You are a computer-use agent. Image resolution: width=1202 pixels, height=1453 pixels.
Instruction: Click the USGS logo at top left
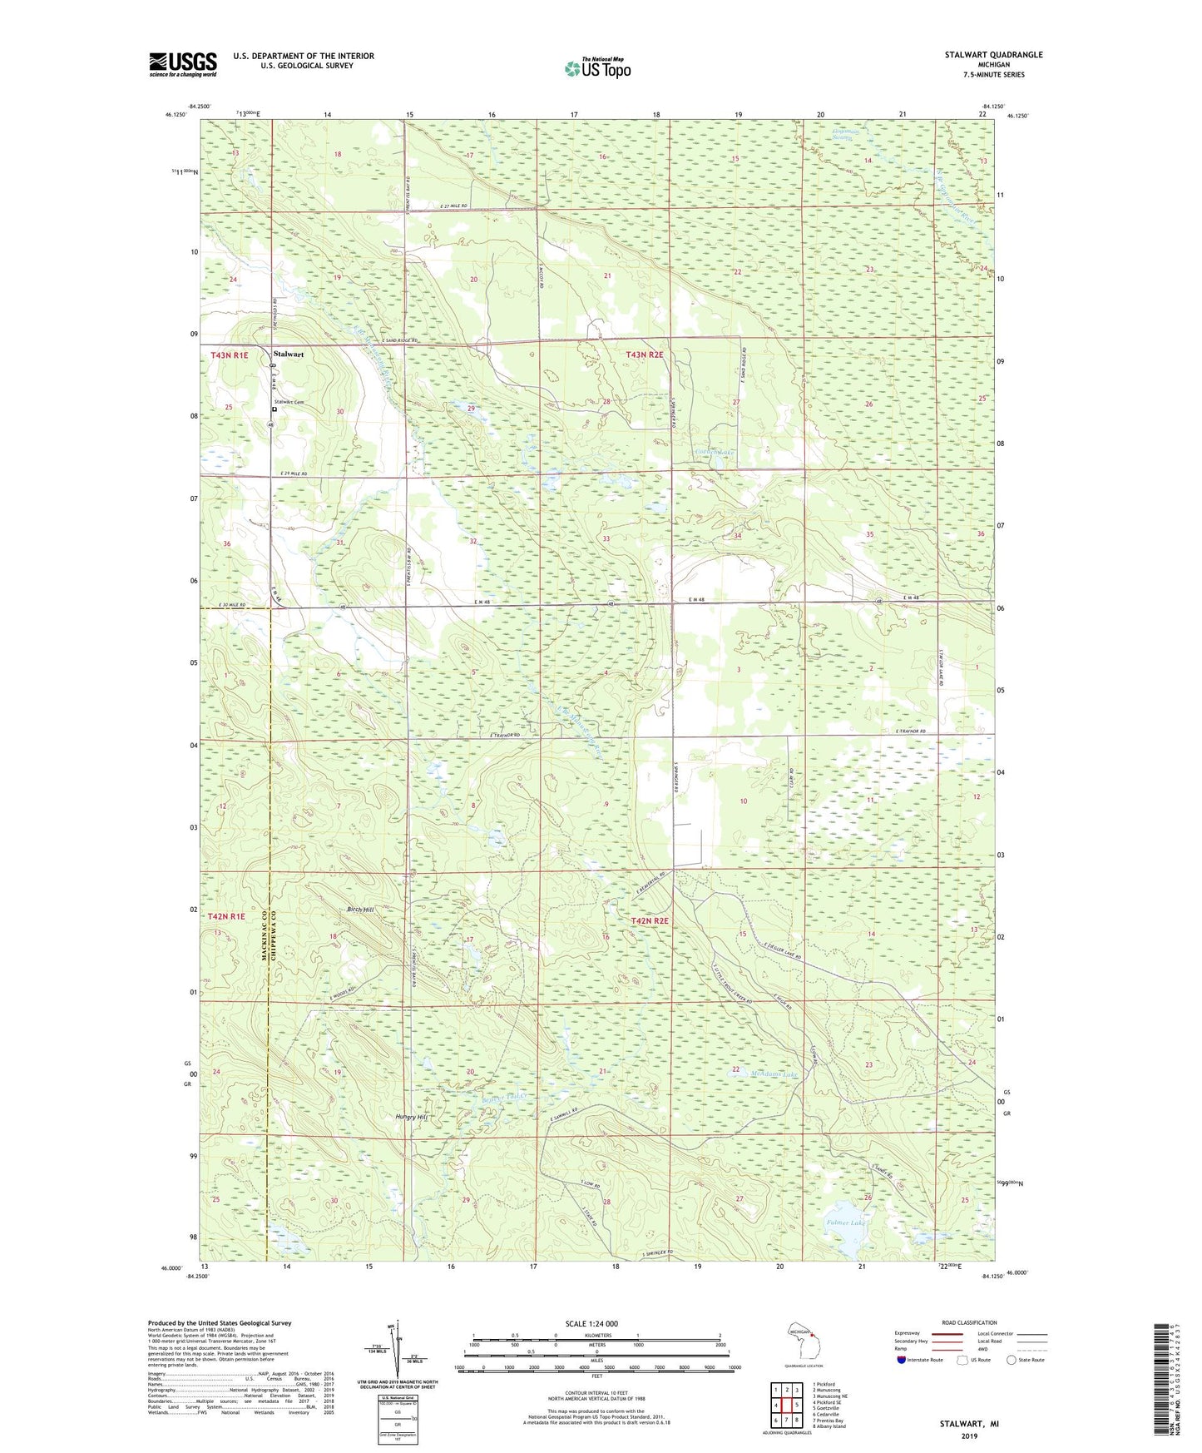(183, 64)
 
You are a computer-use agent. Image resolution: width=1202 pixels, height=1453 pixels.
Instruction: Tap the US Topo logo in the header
(596, 68)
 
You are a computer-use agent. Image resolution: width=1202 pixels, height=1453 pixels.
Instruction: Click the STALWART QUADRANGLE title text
(993, 55)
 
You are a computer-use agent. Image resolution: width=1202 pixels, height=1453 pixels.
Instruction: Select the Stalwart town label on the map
(288, 355)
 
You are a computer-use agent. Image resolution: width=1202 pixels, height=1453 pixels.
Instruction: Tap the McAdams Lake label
(774, 1074)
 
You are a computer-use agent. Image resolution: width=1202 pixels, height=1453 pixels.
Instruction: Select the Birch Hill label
(360, 910)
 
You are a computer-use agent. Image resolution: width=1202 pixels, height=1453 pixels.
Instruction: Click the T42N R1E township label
(226, 915)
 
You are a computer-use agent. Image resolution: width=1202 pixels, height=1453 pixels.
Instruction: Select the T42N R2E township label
(649, 921)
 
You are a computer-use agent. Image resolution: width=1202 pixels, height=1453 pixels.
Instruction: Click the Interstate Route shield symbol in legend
(903, 1360)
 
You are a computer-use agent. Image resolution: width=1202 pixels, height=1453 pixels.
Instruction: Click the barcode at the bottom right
(1166, 1381)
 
